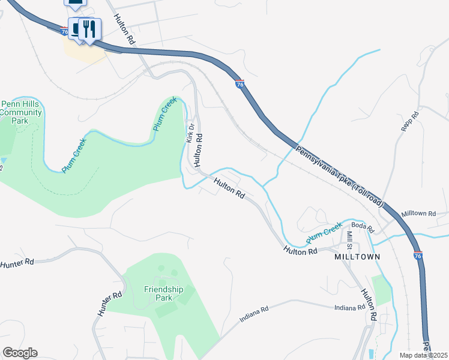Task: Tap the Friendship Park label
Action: click(x=163, y=293)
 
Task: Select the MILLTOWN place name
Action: click(x=358, y=257)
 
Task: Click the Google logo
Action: click(x=20, y=353)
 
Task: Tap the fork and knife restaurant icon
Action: click(x=90, y=29)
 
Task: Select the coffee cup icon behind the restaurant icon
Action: click(x=76, y=28)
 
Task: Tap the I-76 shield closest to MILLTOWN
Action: click(x=418, y=256)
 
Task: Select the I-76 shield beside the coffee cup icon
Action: click(x=64, y=31)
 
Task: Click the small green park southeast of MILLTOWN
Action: click(x=382, y=290)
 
